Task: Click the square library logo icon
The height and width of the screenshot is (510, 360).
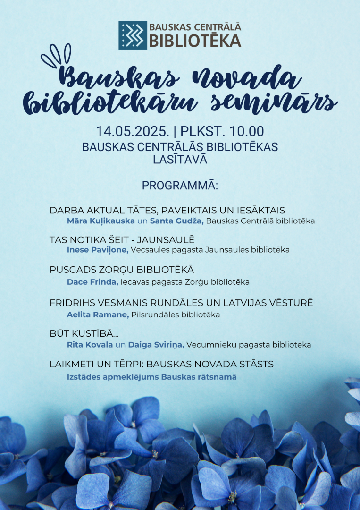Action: click(132, 35)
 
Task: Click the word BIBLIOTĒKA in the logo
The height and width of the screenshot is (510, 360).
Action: click(195, 41)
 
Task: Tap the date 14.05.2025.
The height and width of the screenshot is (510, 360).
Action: click(126, 131)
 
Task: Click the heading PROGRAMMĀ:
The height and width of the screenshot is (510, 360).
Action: click(180, 186)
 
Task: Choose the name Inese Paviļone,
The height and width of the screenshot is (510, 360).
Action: click(98, 250)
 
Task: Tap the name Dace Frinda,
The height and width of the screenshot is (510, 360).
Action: click(92, 282)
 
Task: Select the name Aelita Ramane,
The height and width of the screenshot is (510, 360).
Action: click(98, 315)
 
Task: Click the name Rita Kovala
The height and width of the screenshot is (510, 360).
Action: click(90, 345)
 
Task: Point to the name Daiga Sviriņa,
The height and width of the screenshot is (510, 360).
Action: click(156, 345)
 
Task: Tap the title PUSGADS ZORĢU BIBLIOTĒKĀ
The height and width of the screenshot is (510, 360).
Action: click(121, 270)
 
